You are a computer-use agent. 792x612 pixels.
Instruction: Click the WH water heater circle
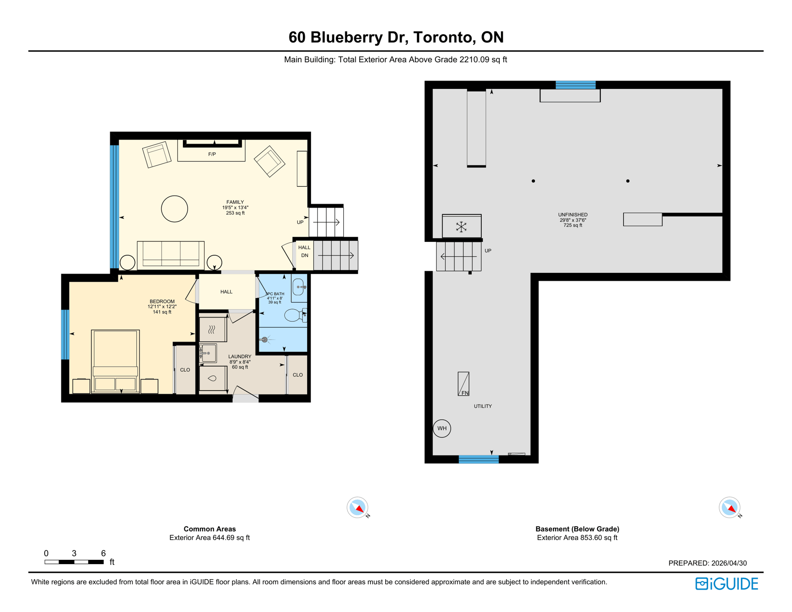pyautogui.click(x=442, y=428)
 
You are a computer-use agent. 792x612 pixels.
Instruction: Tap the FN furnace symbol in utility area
pyautogui.click(x=463, y=384)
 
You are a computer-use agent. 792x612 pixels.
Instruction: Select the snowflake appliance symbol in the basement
pyautogui.click(x=461, y=227)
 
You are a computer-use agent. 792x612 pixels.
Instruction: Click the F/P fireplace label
pyautogui.click(x=212, y=154)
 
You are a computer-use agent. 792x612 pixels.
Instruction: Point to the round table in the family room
pyautogui.click(x=174, y=209)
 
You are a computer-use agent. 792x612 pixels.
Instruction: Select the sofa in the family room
pyautogui.click(x=171, y=254)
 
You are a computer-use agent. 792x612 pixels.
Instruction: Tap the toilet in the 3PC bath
pyautogui.click(x=294, y=315)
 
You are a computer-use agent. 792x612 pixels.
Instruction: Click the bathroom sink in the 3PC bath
pyautogui.click(x=299, y=287)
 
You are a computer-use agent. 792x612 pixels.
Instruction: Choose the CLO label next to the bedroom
pyautogui.click(x=185, y=370)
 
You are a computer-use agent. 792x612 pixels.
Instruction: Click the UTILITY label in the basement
pyautogui.click(x=482, y=406)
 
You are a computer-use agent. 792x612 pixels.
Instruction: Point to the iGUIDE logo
pyautogui.click(x=727, y=584)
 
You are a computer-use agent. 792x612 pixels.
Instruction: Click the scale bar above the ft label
pyautogui.click(x=74, y=562)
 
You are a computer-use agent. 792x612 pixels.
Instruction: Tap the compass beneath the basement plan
pyautogui.click(x=729, y=508)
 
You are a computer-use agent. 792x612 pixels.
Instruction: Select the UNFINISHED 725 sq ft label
pyautogui.click(x=572, y=220)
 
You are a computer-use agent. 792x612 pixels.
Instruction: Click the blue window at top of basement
pyautogui.click(x=575, y=84)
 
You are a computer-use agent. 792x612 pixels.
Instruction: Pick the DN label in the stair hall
pyautogui.click(x=304, y=255)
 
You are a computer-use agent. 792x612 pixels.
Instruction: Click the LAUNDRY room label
pyautogui.click(x=239, y=357)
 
